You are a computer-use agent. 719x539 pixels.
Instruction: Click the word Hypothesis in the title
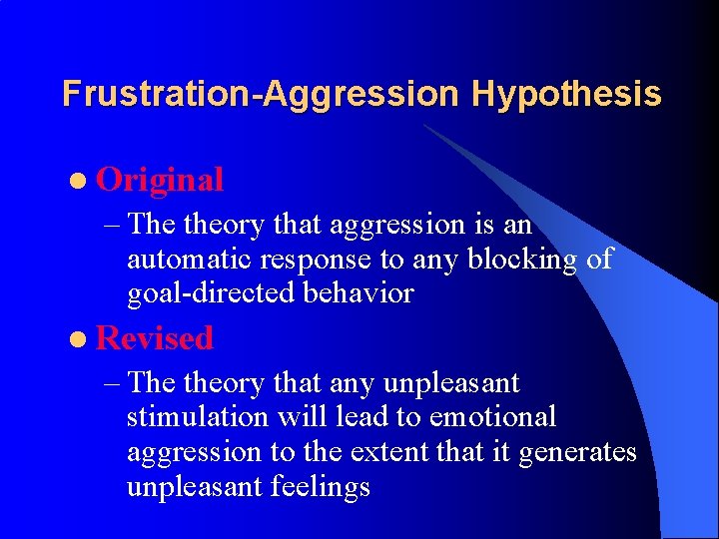point(566,94)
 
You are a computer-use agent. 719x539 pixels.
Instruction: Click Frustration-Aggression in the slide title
point(262,94)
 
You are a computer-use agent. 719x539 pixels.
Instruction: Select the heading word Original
point(160,180)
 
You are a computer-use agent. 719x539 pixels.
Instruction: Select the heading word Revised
point(155,338)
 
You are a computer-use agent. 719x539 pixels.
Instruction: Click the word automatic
point(190,260)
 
